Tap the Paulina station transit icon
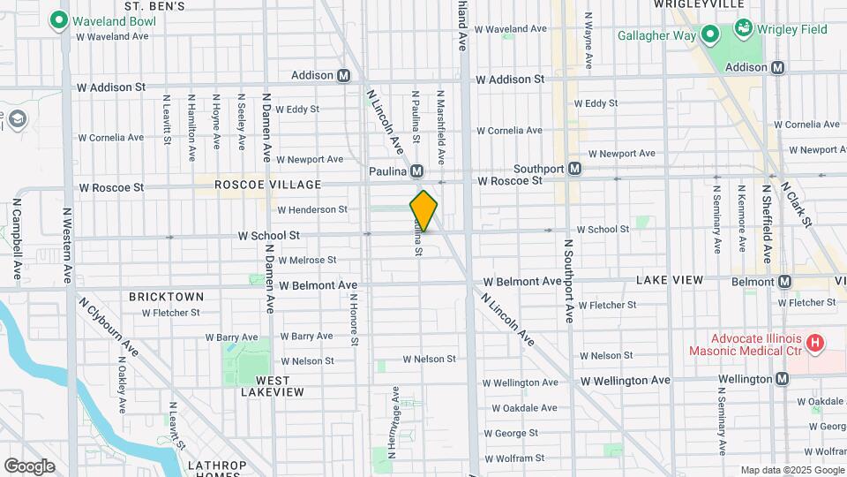[416, 170]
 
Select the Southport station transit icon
[574, 168]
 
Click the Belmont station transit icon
[783, 281]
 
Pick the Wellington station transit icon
[782, 379]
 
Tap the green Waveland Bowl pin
[60, 19]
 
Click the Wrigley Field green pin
[744, 28]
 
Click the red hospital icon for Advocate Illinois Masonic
[815, 342]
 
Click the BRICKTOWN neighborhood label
[166, 297]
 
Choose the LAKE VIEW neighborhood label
[670, 280]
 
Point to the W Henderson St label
[311, 210]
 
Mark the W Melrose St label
[307, 261]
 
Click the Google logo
[29, 466]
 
